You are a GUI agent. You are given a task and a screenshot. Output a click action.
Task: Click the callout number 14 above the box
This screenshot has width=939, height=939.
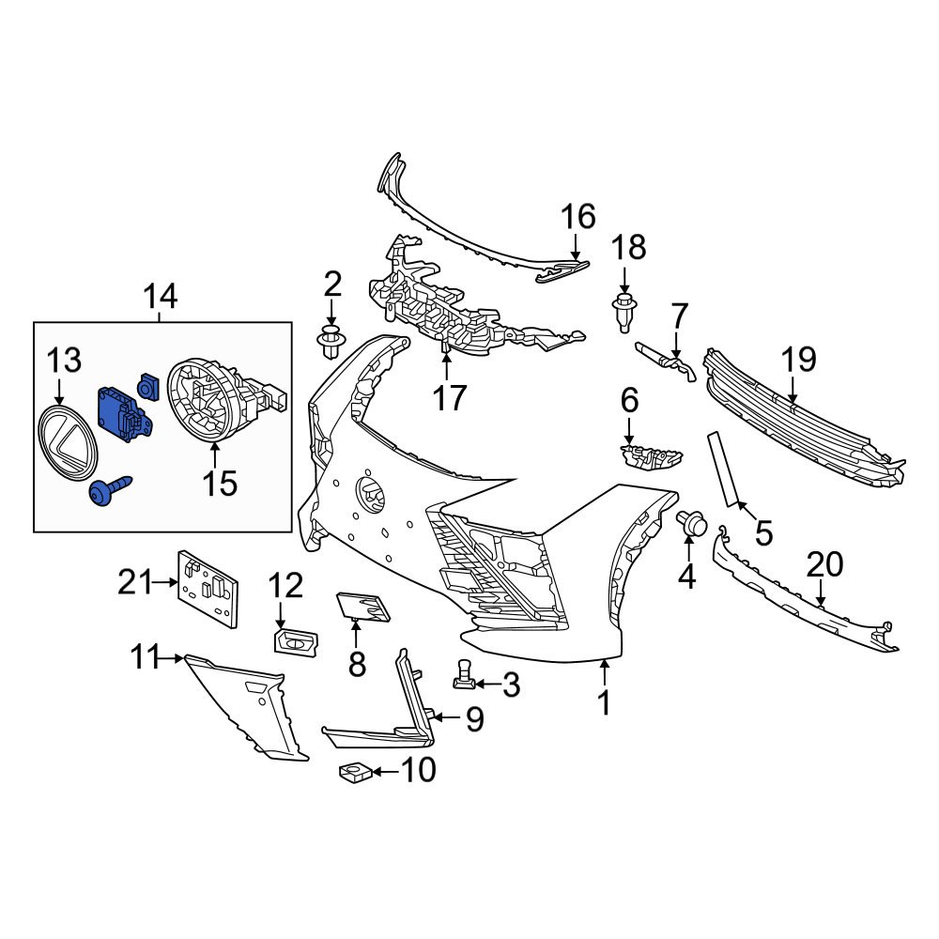click(160, 298)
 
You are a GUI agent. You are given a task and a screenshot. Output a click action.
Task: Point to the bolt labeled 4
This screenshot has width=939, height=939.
click(693, 523)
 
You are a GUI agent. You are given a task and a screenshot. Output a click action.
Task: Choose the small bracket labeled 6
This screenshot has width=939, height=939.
click(649, 457)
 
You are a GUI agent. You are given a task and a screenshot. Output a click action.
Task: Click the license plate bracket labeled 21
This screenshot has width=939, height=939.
click(208, 587)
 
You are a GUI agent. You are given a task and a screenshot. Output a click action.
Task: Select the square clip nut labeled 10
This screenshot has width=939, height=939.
click(353, 772)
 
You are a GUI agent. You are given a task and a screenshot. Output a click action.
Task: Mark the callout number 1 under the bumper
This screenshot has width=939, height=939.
click(605, 701)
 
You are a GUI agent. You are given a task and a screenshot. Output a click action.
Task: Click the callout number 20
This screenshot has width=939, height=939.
click(824, 563)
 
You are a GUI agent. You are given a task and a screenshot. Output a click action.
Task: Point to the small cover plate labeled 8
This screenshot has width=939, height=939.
click(361, 605)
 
